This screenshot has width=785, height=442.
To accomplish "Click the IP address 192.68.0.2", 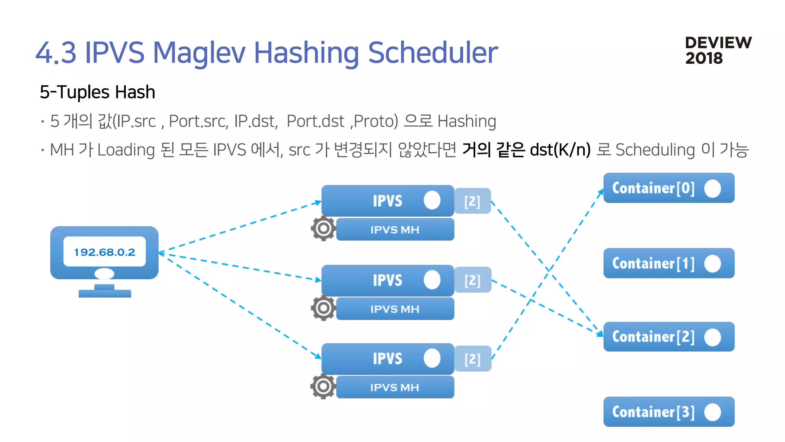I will point(105,252).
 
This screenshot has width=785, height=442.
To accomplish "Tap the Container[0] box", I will point(668,188).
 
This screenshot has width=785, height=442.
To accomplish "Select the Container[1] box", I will point(668,263).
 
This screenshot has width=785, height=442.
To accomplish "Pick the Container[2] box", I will point(668,336).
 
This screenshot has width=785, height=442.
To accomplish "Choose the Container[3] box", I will point(668,412).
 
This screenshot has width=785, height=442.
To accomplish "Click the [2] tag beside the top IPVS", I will point(472,201).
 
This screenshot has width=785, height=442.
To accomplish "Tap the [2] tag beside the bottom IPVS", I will point(472,359).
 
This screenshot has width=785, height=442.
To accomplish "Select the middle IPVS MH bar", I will point(395,309).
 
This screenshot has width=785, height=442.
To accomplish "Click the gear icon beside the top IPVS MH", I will point(323,229).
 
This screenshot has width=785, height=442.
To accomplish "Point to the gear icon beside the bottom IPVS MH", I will point(323,386).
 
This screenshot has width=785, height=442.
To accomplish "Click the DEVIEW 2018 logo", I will point(718,50).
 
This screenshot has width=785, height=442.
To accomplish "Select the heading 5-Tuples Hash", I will point(97,92).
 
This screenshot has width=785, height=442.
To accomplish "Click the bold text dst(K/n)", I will point(560,150).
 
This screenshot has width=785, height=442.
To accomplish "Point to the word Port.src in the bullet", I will point(198,122).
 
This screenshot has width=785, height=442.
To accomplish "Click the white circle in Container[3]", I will point(713,412).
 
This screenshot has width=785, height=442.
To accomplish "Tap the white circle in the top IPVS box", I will point(432,200).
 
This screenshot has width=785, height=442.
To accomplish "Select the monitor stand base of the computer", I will point(105,293).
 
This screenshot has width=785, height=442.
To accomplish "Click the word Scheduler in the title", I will point(433,53).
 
